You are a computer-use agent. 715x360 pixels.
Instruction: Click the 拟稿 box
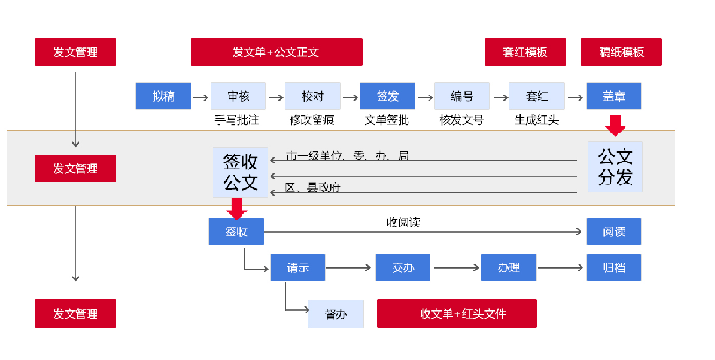tap(162, 96)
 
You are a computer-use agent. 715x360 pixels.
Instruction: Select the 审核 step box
tap(238, 96)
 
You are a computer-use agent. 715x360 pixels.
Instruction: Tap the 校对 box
tap(313, 96)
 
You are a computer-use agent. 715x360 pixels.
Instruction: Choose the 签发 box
tap(387, 96)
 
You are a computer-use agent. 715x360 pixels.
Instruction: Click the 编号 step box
tap(462, 96)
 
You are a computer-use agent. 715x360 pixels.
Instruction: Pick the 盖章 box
tap(614, 96)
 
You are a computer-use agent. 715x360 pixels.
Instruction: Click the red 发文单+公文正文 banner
tap(276, 52)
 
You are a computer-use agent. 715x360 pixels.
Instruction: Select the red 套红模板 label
tap(525, 52)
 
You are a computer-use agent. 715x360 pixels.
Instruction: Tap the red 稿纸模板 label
tap(621, 52)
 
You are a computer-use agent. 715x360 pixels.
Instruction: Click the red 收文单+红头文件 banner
tap(457, 313)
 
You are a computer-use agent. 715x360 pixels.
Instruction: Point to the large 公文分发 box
tap(615, 167)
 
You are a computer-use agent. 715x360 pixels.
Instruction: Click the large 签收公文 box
tap(240, 171)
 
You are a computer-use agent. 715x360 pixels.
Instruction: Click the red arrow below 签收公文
tap(236, 208)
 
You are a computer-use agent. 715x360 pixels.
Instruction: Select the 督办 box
tap(336, 313)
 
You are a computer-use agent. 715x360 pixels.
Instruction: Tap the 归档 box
tap(614, 267)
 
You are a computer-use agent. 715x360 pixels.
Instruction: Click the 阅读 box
tap(614, 232)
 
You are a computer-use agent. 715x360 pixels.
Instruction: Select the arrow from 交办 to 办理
tap(456, 267)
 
